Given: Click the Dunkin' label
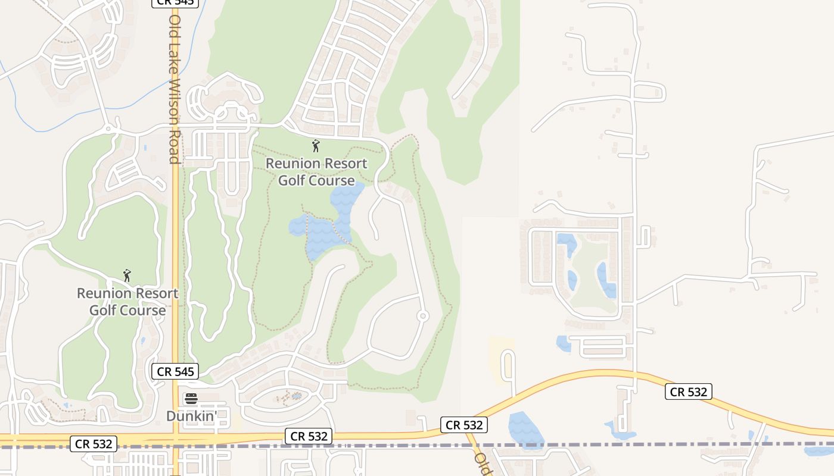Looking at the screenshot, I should click(191, 416).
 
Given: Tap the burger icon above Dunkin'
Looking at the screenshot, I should click(191, 399).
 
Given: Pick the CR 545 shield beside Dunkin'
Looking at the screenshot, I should click(175, 372).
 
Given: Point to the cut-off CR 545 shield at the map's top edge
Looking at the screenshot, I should click(175, 3).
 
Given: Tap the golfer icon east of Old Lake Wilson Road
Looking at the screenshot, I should click(316, 145).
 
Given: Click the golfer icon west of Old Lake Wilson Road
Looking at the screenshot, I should click(126, 275).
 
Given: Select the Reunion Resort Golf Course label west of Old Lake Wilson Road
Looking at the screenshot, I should click(127, 302).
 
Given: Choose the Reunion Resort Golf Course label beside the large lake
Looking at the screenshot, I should click(316, 171).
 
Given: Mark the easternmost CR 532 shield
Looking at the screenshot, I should click(689, 392).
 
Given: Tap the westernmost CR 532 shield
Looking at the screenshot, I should click(94, 443).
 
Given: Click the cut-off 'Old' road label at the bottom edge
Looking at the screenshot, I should click(483, 464).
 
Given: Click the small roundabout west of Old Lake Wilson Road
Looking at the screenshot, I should click(108, 128).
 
